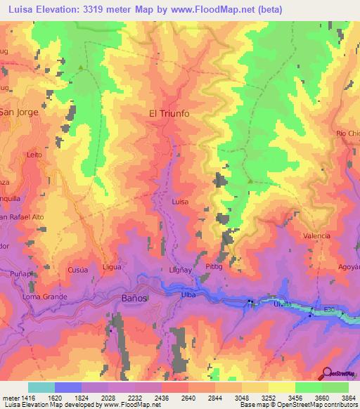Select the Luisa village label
click(x=181, y=201)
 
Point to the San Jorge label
click(x=18, y=112)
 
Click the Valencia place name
click(x=316, y=236)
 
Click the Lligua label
click(x=112, y=267)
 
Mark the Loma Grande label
click(x=45, y=296)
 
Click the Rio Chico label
click(x=347, y=133)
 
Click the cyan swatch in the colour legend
click(x=41, y=387)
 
